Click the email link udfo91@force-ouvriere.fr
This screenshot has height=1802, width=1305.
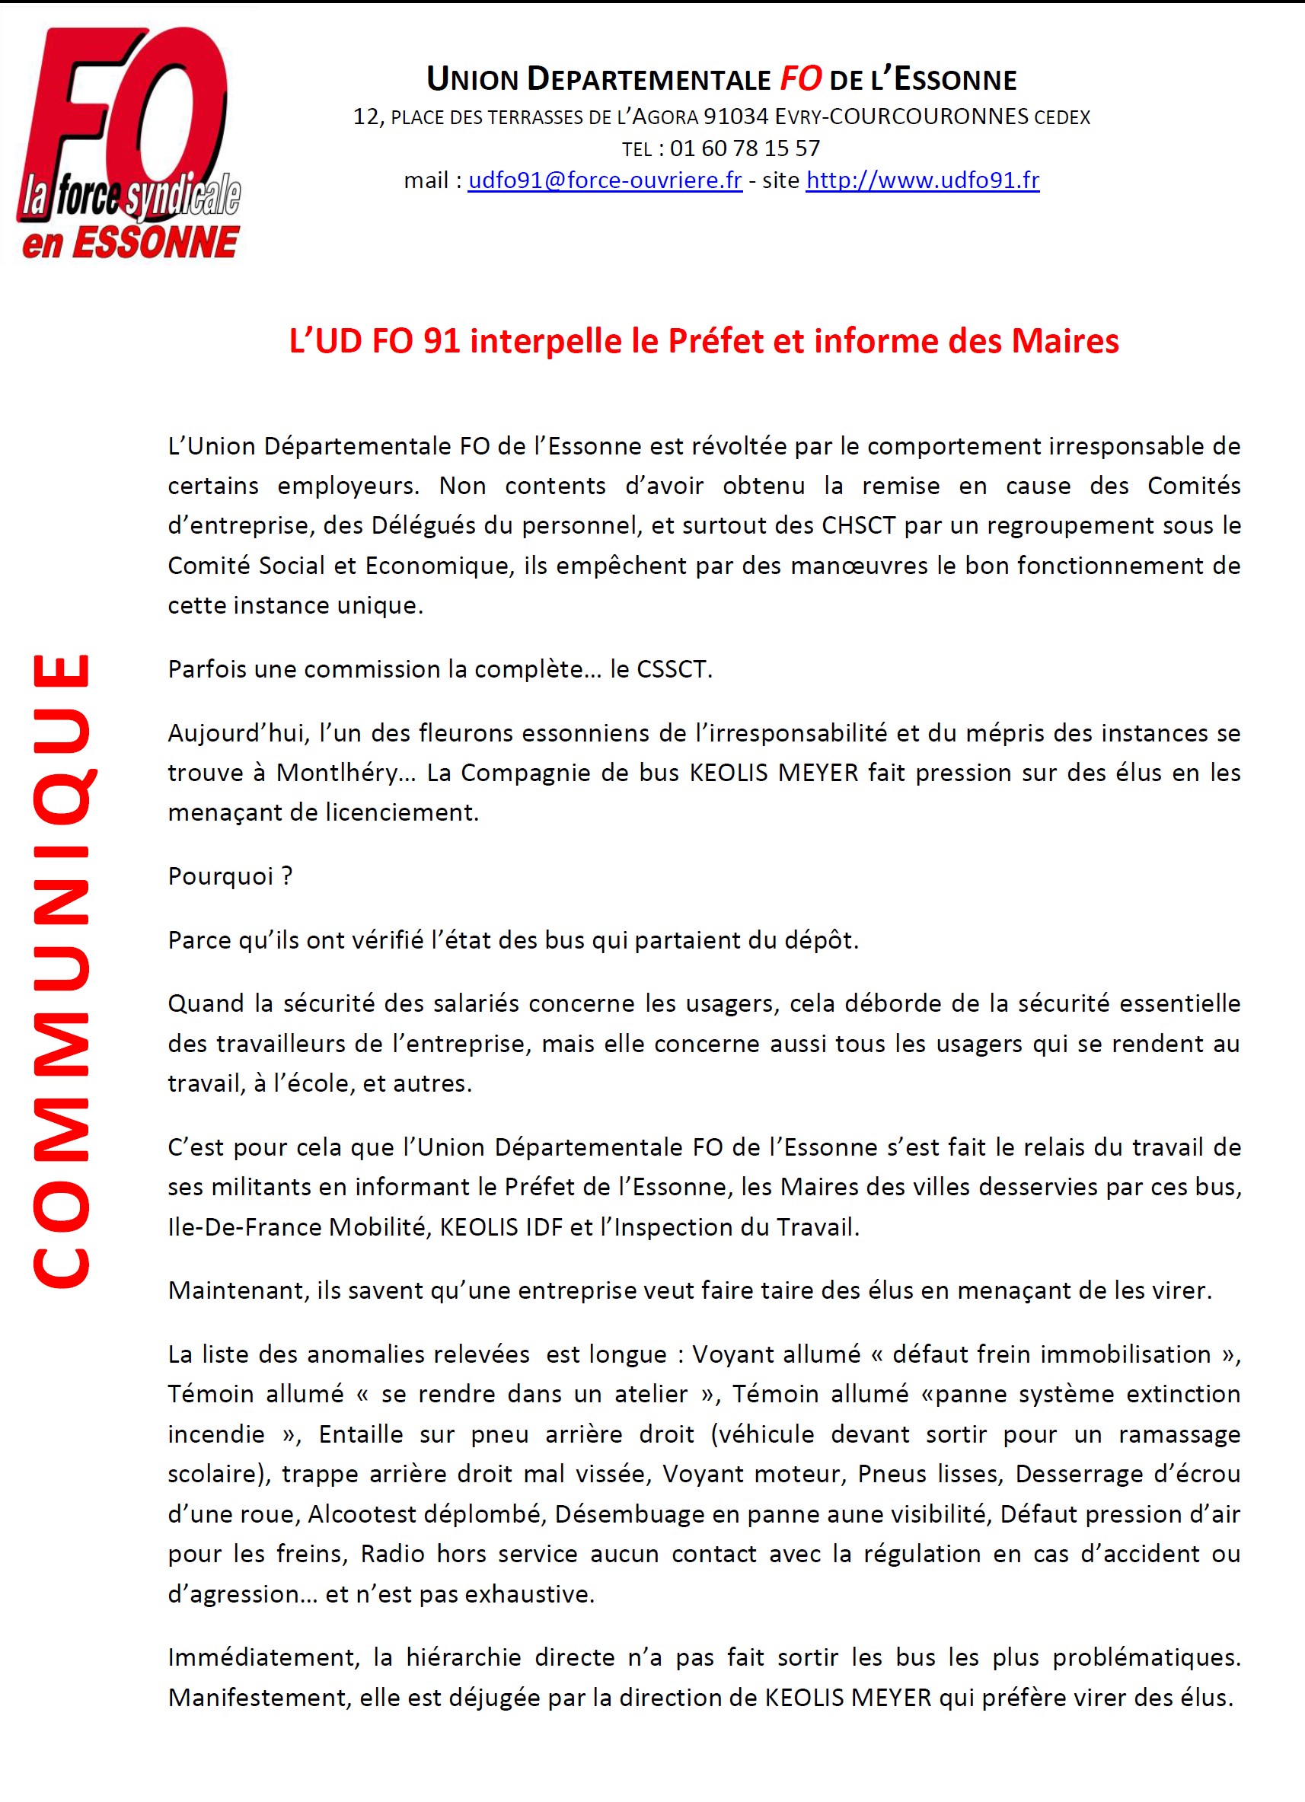[x=605, y=181]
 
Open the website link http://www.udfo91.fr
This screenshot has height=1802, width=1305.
[x=922, y=181]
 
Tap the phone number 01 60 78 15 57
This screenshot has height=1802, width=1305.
[x=744, y=148]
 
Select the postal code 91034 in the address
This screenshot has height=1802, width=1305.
[x=736, y=116]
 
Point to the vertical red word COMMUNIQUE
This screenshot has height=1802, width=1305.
[x=61, y=969]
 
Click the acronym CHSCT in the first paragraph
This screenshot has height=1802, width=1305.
[x=858, y=525]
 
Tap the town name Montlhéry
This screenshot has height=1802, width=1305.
[x=337, y=772]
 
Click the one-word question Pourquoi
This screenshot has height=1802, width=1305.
[x=220, y=875]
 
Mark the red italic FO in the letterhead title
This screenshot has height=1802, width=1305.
[x=800, y=78]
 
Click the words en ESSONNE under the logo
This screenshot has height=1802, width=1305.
[x=130, y=242]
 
